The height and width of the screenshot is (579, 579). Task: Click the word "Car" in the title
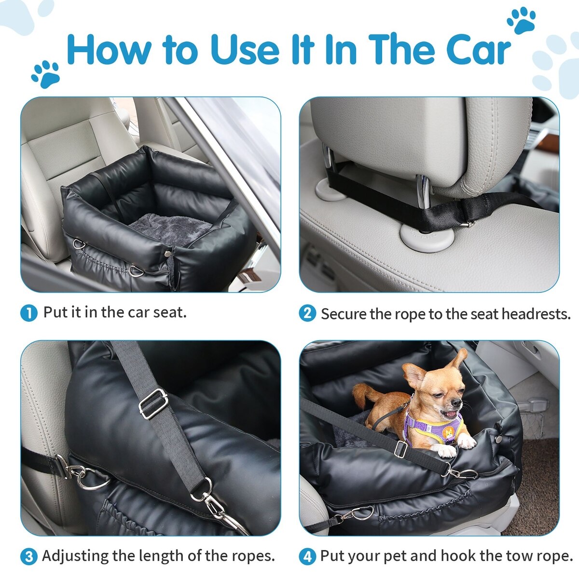pyautogui.click(x=478, y=50)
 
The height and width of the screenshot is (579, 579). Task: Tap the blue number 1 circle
pyautogui.click(x=29, y=313)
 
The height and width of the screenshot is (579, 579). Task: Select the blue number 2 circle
pyautogui.click(x=307, y=313)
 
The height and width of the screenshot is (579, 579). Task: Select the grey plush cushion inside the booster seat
pyautogui.click(x=170, y=229)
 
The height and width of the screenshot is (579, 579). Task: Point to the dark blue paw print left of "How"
pyautogui.click(x=46, y=74)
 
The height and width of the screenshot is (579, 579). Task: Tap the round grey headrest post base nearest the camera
pyautogui.click(x=427, y=238)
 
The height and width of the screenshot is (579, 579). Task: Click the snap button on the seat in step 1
pyautogui.click(x=167, y=254)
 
